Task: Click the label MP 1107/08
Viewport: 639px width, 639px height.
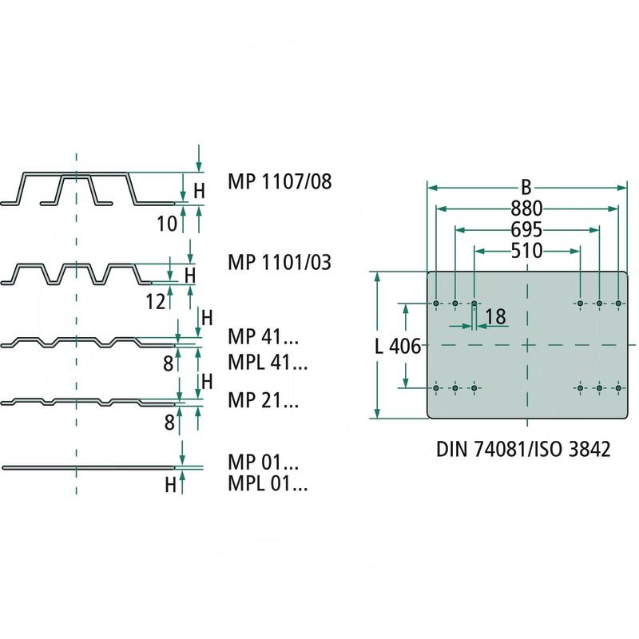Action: point(279,182)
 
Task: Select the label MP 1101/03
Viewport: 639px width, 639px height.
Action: point(279,262)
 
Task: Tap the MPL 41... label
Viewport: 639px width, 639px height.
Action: point(268,363)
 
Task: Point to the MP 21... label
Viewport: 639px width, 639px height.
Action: point(263,400)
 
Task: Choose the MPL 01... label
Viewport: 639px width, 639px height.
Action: point(268,483)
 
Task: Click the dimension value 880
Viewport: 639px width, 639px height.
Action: point(526,209)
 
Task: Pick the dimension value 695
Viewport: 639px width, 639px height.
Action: point(526,230)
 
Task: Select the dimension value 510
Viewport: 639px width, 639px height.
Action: point(526,252)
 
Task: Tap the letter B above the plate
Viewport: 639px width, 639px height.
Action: point(526,189)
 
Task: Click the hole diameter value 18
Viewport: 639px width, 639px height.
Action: point(495,317)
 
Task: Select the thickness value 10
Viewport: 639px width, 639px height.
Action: point(166,223)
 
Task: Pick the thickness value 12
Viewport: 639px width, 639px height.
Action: point(157,301)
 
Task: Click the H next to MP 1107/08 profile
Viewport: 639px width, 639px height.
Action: point(200,190)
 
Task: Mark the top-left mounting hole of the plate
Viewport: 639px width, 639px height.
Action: point(436,304)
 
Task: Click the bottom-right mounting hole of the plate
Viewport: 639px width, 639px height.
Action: point(618,388)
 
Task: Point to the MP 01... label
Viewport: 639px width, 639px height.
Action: point(263,462)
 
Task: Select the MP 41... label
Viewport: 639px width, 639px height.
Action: point(263,343)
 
